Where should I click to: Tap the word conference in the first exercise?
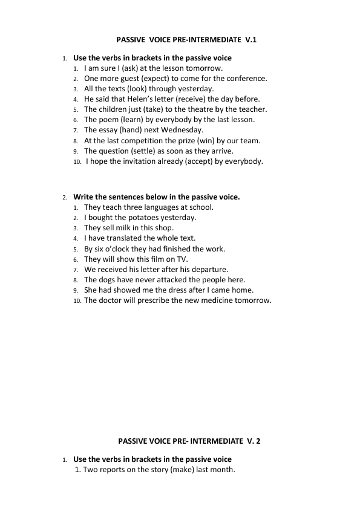tap(247, 79)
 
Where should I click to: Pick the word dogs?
tap(108, 279)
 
